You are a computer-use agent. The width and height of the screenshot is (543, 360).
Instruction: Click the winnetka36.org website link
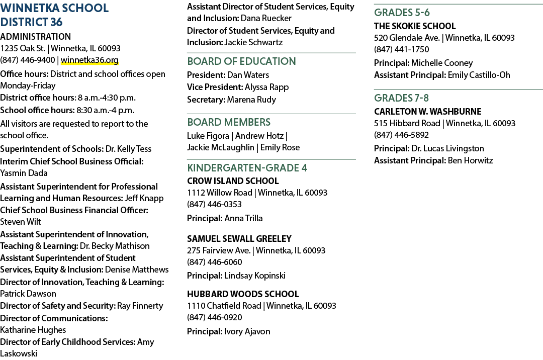click(x=89, y=60)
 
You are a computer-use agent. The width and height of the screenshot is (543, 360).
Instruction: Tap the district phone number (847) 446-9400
click(x=27, y=60)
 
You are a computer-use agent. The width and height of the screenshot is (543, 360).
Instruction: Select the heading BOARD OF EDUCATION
click(x=241, y=61)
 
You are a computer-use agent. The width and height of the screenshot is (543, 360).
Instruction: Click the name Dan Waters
click(x=248, y=75)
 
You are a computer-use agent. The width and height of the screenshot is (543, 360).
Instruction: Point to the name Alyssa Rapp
click(x=266, y=87)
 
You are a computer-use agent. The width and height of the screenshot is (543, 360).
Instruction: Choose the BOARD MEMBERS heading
click(x=229, y=122)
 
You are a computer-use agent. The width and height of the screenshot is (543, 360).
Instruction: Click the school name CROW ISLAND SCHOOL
click(x=233, y=181)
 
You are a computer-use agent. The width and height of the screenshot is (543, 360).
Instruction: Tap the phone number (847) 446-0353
click(x=214, y=204)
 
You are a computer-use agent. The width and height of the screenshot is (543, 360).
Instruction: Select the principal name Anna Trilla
click(x=243, y=218)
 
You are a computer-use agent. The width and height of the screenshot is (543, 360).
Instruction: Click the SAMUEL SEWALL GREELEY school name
click(x=239, y=239)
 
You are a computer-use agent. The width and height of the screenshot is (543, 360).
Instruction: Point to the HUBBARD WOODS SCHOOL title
click(x=243, y=294)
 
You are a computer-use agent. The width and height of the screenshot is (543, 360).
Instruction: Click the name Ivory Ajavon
click(x=247, y=332)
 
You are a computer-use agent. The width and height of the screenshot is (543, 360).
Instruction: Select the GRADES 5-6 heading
click(x=402, y=13)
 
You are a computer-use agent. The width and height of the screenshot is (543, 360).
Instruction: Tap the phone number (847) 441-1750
click(x=401, y=49)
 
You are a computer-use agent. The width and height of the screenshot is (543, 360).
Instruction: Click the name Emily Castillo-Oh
click(x=479, y=75)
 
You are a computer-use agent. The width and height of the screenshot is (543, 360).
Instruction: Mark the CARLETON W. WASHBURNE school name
click(x=428, y=112)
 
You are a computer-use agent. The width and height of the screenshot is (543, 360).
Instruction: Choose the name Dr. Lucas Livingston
click(x=448, y=148)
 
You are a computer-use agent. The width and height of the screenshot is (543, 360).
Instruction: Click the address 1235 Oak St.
click(x=23, y=48)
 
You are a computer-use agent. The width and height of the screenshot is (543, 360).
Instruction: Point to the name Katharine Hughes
click(x=33, y=330)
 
